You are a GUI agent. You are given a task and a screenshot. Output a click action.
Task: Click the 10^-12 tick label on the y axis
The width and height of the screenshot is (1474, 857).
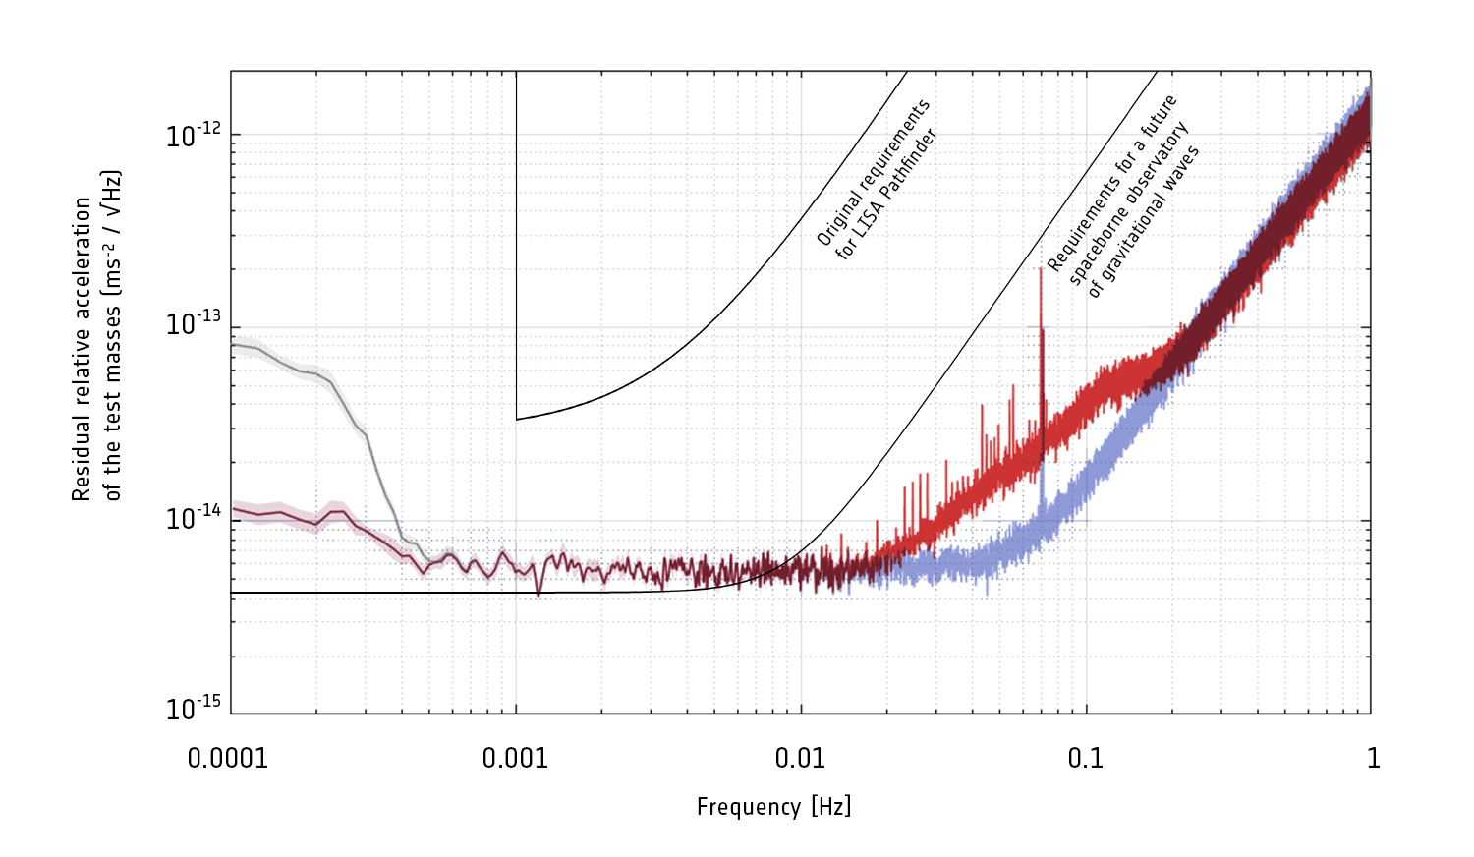195,136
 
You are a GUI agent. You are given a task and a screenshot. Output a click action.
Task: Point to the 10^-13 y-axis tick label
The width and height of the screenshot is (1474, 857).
195,323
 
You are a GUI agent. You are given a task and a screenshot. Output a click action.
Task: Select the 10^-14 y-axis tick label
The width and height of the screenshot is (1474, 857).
195,517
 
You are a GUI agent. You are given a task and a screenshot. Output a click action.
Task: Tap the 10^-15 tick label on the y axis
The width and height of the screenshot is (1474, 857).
195,708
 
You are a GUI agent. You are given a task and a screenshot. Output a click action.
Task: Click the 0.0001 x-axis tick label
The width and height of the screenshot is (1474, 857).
228,758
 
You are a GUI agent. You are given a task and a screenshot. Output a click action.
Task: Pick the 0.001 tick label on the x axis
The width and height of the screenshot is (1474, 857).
515,758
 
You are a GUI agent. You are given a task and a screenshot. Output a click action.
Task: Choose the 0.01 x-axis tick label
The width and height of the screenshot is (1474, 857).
800,758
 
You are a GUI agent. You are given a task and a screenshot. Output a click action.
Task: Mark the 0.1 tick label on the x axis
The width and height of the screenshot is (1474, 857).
1085,758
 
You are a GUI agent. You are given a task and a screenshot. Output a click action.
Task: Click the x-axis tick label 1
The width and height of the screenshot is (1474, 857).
1373,758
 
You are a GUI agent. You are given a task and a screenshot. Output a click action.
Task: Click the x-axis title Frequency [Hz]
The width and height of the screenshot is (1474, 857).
773,807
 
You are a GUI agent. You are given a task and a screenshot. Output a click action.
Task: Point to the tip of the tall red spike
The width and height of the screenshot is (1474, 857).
1041,268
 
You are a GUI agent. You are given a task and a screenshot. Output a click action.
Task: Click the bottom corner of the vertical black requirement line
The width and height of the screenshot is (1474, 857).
517,420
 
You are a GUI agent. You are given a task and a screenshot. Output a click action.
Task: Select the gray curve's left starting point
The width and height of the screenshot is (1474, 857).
232,344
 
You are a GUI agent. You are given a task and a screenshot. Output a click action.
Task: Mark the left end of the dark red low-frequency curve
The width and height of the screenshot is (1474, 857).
232,509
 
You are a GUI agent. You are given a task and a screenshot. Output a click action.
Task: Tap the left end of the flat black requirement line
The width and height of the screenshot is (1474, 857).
232,593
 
